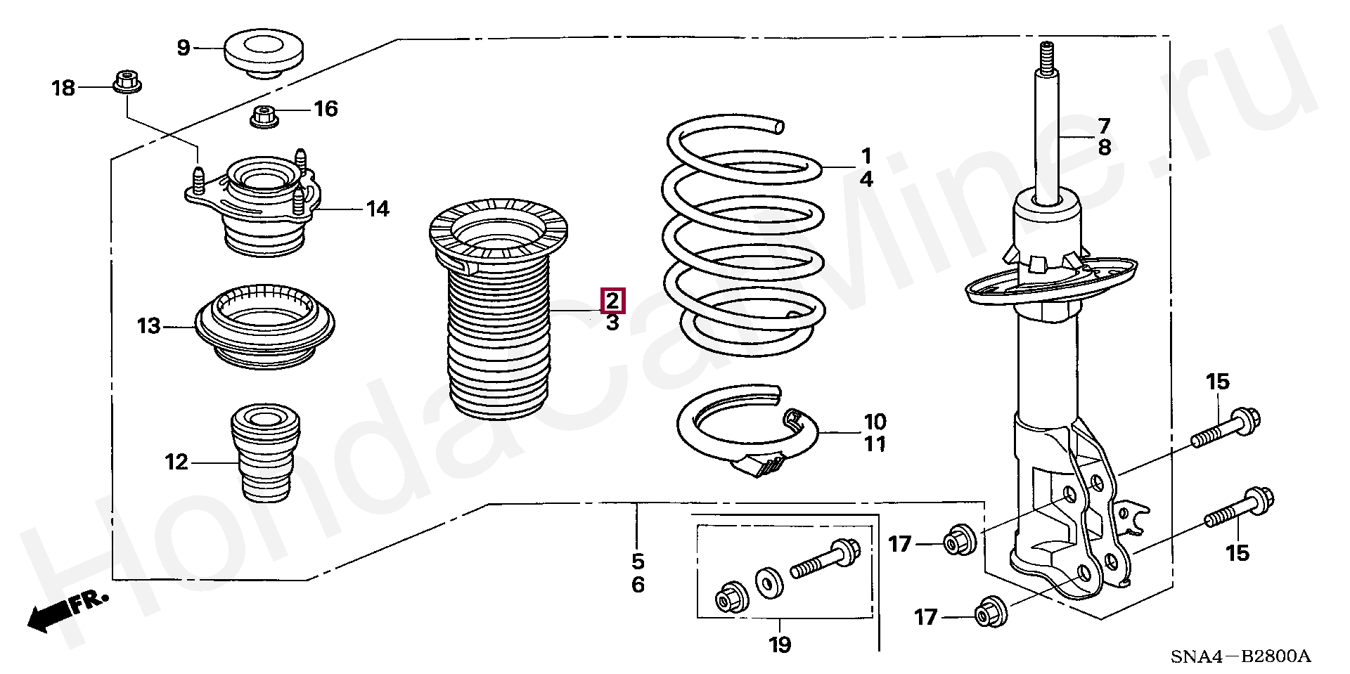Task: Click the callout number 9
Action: (x=184, y=48)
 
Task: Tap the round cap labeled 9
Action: (x=264, y=53)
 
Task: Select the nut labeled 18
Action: (x=127, y=82)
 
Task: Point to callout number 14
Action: (x=378, y=209)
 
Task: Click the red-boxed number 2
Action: (x=612, y=301)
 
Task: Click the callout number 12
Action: (x=176, y=462)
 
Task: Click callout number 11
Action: (x=875, y=444)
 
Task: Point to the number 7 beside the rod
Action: (x=1104, y=127)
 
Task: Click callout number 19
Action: (x=780, y=644)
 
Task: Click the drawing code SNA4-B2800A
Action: (x=1240, y=656)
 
